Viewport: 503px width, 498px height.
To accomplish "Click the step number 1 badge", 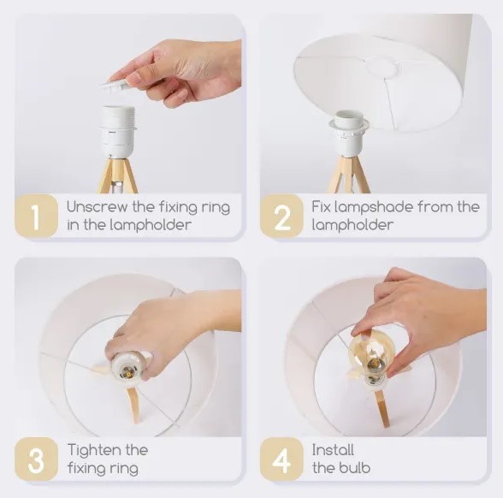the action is coord(36,216).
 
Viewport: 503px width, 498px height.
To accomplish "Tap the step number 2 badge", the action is coord(281,216).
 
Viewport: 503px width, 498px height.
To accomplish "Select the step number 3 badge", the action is coord(36,459).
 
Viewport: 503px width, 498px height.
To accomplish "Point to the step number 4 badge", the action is coord(281,459).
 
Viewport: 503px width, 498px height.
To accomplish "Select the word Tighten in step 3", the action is coord(93,451).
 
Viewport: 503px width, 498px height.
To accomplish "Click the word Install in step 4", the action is coord(333,449).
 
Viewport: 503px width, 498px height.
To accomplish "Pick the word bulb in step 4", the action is coord(356,467).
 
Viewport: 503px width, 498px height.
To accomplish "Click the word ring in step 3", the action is coord(125,469).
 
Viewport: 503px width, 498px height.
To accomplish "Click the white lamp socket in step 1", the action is coord(118,131).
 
